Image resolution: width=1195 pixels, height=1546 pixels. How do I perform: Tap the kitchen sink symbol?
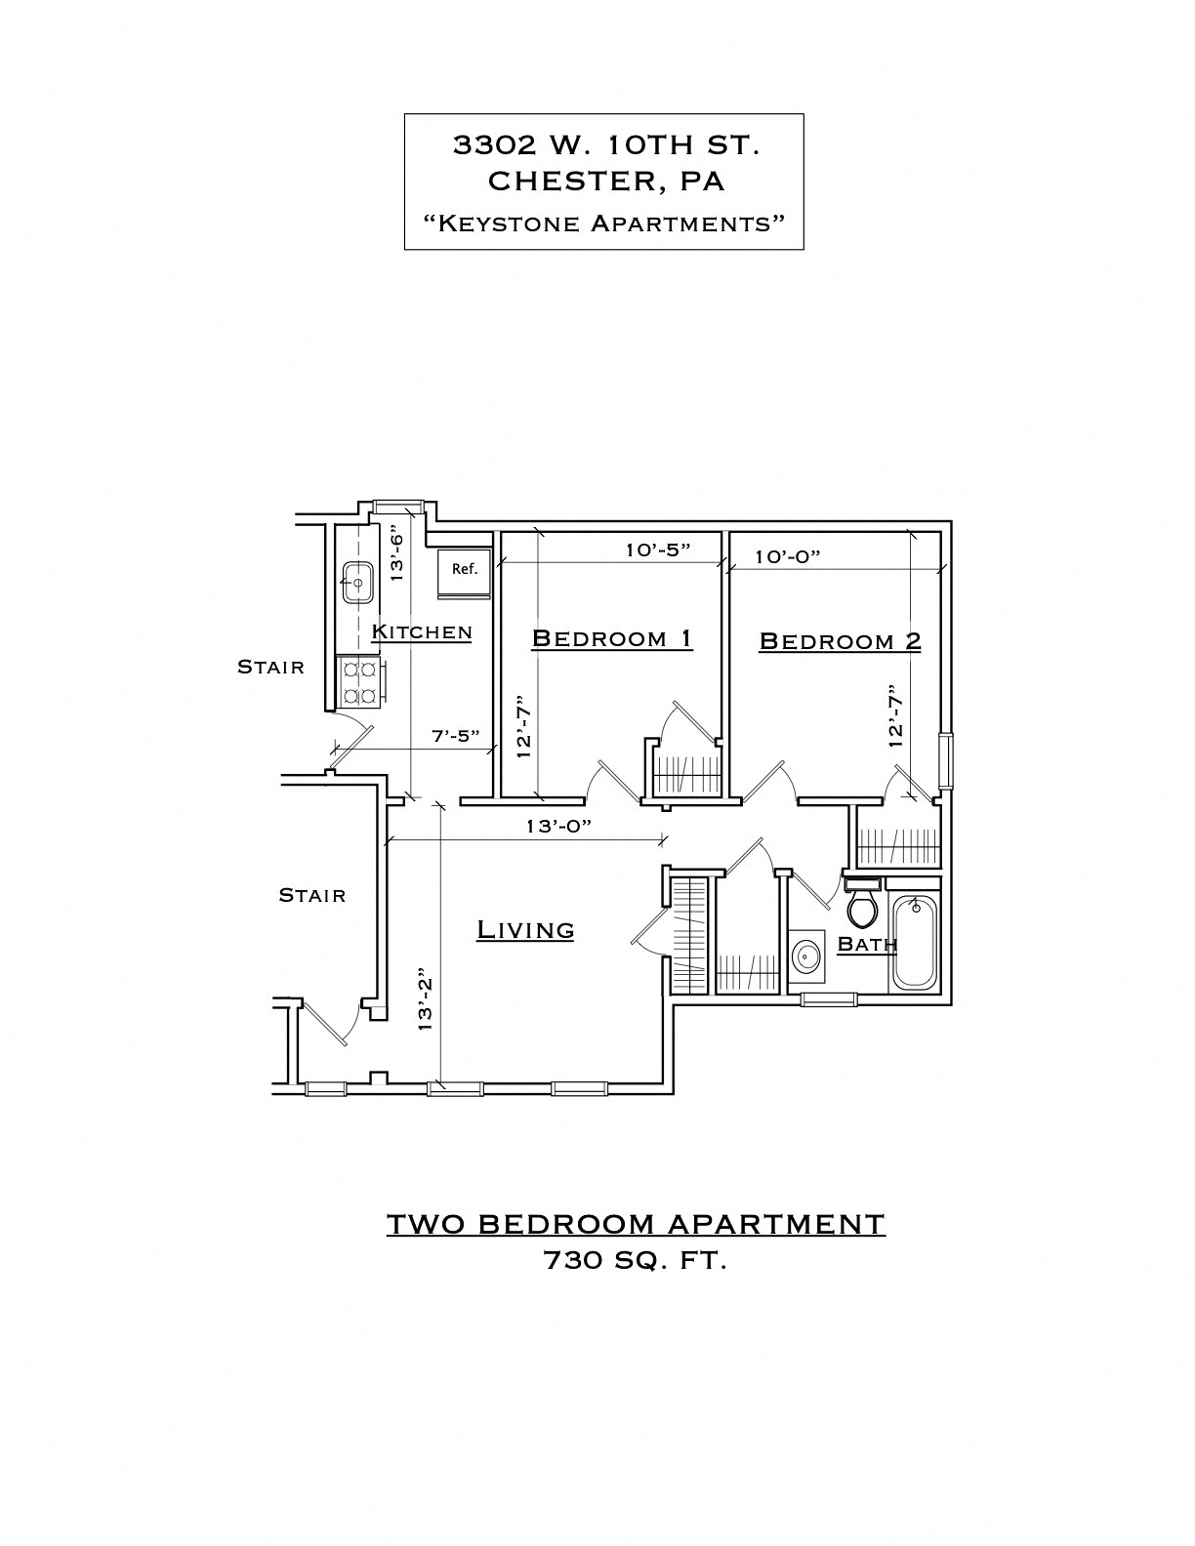pos(357,583)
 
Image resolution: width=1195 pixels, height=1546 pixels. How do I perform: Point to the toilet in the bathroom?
pos(861,907)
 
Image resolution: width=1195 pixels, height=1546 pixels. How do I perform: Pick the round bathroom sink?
pos(805,956)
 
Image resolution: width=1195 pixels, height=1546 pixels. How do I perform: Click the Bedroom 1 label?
pos(612,639)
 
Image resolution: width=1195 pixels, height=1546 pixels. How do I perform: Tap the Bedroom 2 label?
pos(840,642)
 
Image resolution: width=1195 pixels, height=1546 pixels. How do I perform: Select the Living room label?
pos(525,930)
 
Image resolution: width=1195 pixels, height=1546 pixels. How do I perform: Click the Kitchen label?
pos(422,632)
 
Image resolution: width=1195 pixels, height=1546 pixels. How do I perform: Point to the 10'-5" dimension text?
pos(658,549)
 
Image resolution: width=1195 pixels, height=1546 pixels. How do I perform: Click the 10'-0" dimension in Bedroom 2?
pos(787,556)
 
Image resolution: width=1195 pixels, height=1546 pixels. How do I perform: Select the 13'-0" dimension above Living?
pos(558,826)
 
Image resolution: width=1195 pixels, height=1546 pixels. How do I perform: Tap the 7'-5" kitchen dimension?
pos(456,736)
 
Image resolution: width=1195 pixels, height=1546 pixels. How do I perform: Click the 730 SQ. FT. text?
pos(635,1261)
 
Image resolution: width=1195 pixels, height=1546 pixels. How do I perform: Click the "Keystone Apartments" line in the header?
pos(604,223)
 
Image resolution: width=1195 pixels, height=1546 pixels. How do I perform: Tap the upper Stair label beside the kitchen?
pos(270,668)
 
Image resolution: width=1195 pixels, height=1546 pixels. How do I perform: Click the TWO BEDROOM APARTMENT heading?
pos(636,1224)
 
